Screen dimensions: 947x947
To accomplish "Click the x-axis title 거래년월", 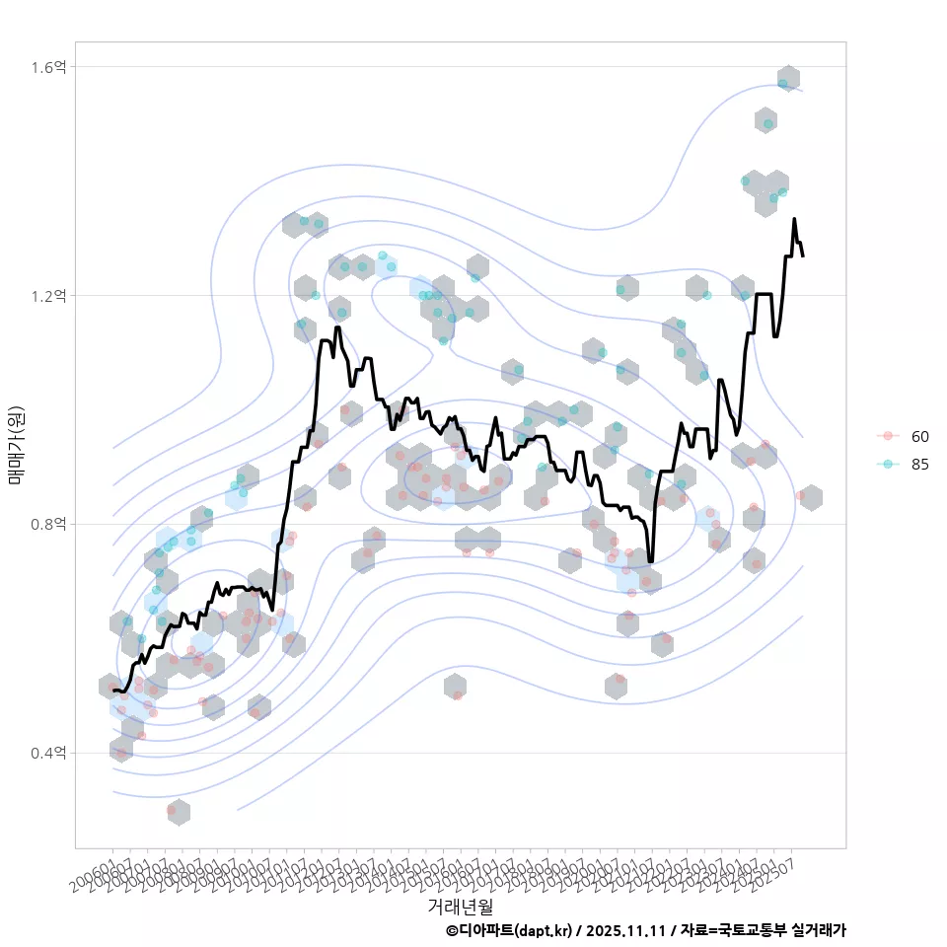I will click(460, 906).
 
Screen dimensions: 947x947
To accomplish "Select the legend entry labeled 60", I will click(919, 437).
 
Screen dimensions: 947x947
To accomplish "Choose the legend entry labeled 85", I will click(919, 465).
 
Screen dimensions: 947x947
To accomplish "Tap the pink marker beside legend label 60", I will click(888, 437).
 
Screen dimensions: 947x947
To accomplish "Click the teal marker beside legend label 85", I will click(888, 465).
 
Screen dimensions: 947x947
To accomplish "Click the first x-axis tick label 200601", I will click(95, 868).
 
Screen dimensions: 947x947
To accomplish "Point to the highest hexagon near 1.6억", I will click(788, 79).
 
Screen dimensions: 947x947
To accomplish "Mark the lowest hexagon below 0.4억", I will click(178, 813).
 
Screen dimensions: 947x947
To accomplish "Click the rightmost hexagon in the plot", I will click(811, 498).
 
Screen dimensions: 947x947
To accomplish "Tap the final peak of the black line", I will click(794, 220).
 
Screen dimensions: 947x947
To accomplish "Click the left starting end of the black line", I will click(114, 691).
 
